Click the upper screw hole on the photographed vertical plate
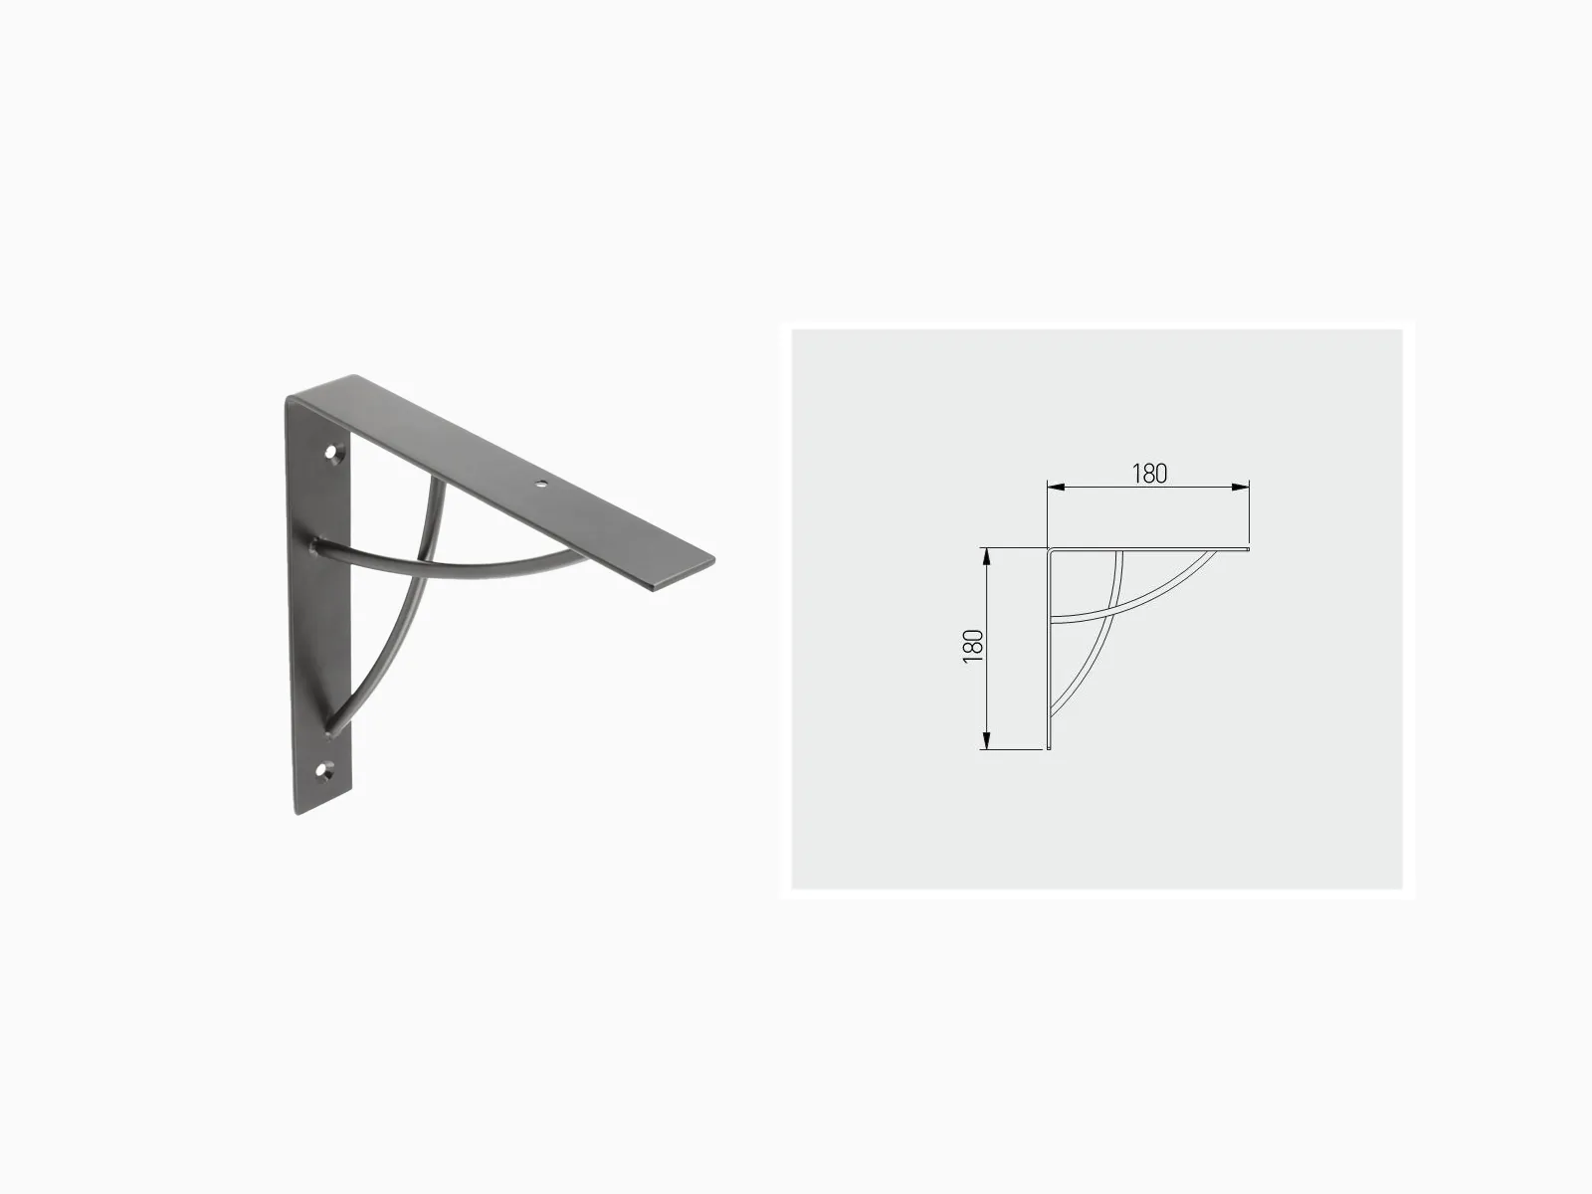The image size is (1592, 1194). coord(332,453)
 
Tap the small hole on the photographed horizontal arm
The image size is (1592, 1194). coord(539,483)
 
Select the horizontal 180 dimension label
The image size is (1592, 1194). coord(1149,474)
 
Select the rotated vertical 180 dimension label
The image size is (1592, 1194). coord(972,646)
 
